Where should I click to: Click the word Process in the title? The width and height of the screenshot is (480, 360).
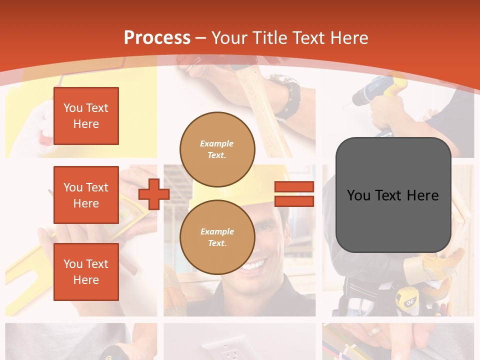coord(157,37)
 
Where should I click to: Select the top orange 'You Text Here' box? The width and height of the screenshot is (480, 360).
coord(86,116)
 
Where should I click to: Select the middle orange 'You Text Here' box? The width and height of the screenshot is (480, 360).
coord(86,195)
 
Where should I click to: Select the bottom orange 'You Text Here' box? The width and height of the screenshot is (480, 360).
coord(86,272)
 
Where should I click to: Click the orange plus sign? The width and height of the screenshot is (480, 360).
coord(153,194)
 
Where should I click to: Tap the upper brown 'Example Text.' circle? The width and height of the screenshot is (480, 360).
coord(217,149)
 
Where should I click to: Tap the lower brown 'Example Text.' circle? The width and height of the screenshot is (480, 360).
coord(217,237)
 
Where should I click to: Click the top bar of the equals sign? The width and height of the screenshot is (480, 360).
coord(294,187)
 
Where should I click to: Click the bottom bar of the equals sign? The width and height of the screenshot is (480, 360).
coord(294,201)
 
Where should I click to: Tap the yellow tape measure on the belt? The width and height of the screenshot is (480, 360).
coord(406,300)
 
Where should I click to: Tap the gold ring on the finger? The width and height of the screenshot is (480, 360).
coord(374,331)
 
